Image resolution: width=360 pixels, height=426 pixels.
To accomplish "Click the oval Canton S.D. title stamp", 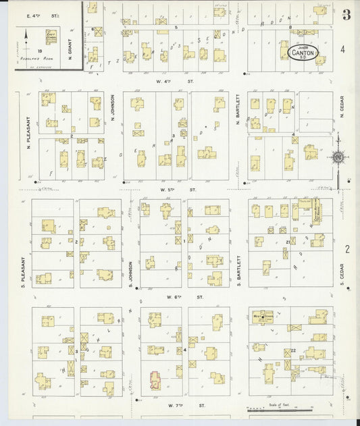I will tap(301, 51).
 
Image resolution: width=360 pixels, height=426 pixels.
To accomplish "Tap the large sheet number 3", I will tap(346, 15).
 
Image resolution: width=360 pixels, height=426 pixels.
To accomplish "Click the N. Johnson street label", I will tap(113, 108).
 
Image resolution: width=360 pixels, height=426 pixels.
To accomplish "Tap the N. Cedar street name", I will tap(342, 106).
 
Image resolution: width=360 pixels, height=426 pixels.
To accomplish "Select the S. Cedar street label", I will tap(342, 273).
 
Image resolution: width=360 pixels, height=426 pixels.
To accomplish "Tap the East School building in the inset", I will tap(51, 36).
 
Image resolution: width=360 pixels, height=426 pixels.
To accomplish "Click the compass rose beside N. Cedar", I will tap(336, 157).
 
